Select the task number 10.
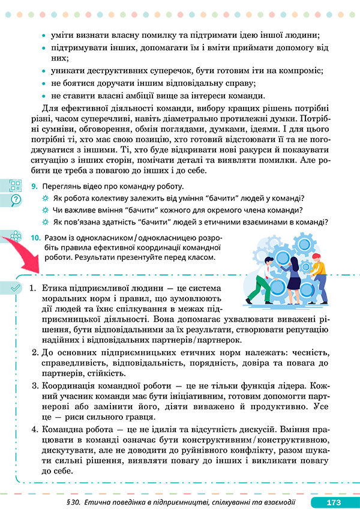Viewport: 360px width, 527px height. [35, 238]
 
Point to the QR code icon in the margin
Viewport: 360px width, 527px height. [15, 186]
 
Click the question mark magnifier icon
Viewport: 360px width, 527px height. [15, 200]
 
